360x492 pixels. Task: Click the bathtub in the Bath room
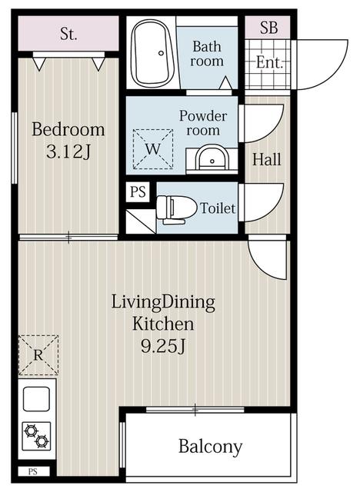click(152, 53)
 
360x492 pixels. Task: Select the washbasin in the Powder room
click(212, 159)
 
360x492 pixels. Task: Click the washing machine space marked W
click(153, 149)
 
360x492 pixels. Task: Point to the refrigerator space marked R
click(38, 355)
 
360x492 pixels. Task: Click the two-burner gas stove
click(36, 436)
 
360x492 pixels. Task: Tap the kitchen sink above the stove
click(36, 399)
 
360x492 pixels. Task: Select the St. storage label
click(68, 34)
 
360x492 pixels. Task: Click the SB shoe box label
click(268, 28)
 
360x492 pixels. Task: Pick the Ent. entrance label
click(269, 62)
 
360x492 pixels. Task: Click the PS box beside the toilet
click(138, 191)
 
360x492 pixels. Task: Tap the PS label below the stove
click(33, 471)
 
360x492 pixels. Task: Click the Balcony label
click(211, 447)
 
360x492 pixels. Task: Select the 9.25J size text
click(162, 347)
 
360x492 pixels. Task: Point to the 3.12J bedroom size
click(68, 152)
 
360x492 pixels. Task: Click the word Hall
click(267, 159)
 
